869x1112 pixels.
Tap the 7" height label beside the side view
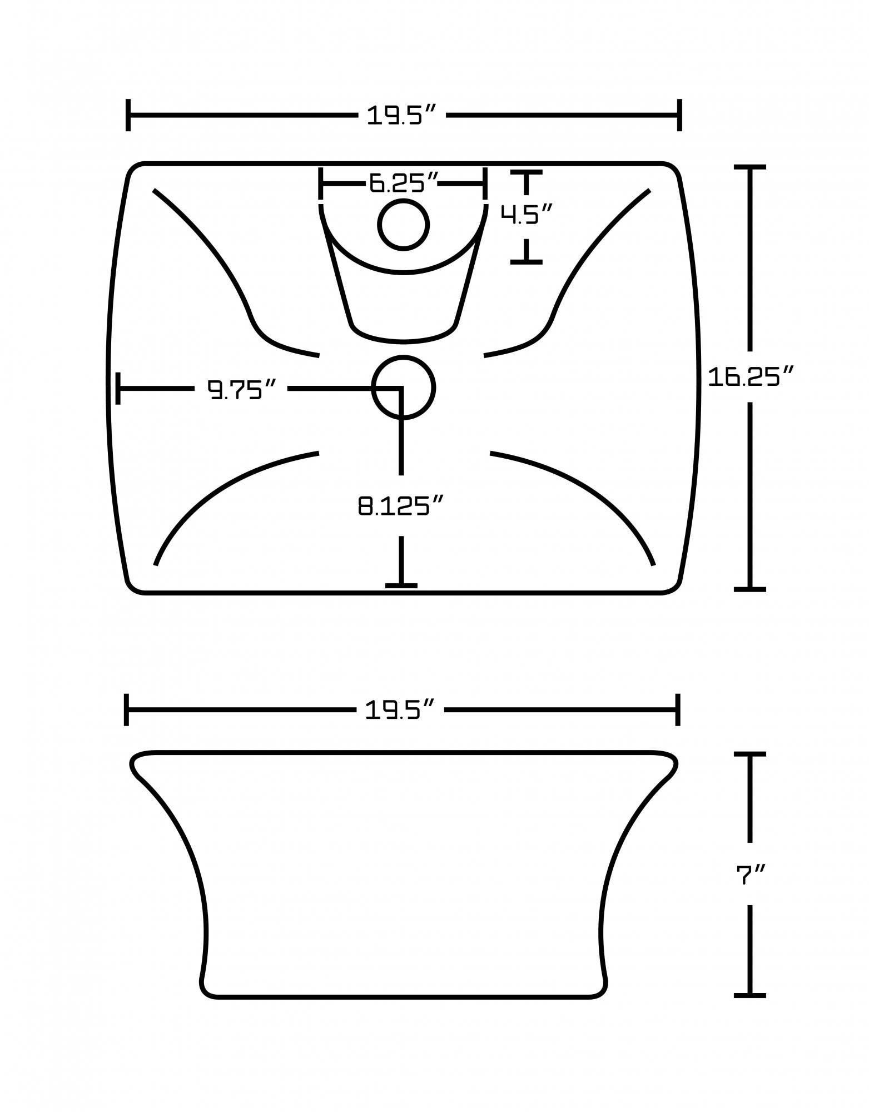click(x=750, y=875)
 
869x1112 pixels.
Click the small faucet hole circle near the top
click(x=403, y=225)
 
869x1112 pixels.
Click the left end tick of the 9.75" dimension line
click(x=118, y=388)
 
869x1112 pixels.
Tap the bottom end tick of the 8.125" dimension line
click(x=401, y=585)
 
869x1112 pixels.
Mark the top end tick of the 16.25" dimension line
click(x=750, y=167)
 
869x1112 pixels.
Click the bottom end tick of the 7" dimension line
click(x=750, y=995)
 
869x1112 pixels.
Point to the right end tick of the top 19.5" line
click(x=679, y=116)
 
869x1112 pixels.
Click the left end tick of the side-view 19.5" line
click(x=127, y=709)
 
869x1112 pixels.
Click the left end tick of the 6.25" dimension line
click(x=321, y=182)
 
